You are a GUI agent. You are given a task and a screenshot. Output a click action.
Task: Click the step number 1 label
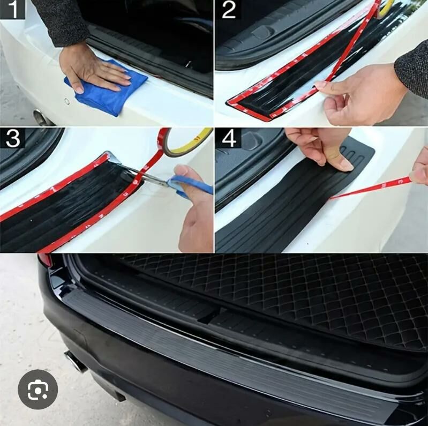click(x=12, y=9)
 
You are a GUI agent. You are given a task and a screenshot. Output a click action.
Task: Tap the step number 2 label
click(x=229, y=10)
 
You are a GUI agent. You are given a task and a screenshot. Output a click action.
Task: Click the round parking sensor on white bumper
click(x=67, y=102)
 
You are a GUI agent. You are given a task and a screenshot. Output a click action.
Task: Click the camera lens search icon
click(x=37, y=390)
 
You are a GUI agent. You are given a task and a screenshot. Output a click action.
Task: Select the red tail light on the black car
click(x=45, y=259)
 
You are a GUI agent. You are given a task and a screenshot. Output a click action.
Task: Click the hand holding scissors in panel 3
click(x=195, y=207)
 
